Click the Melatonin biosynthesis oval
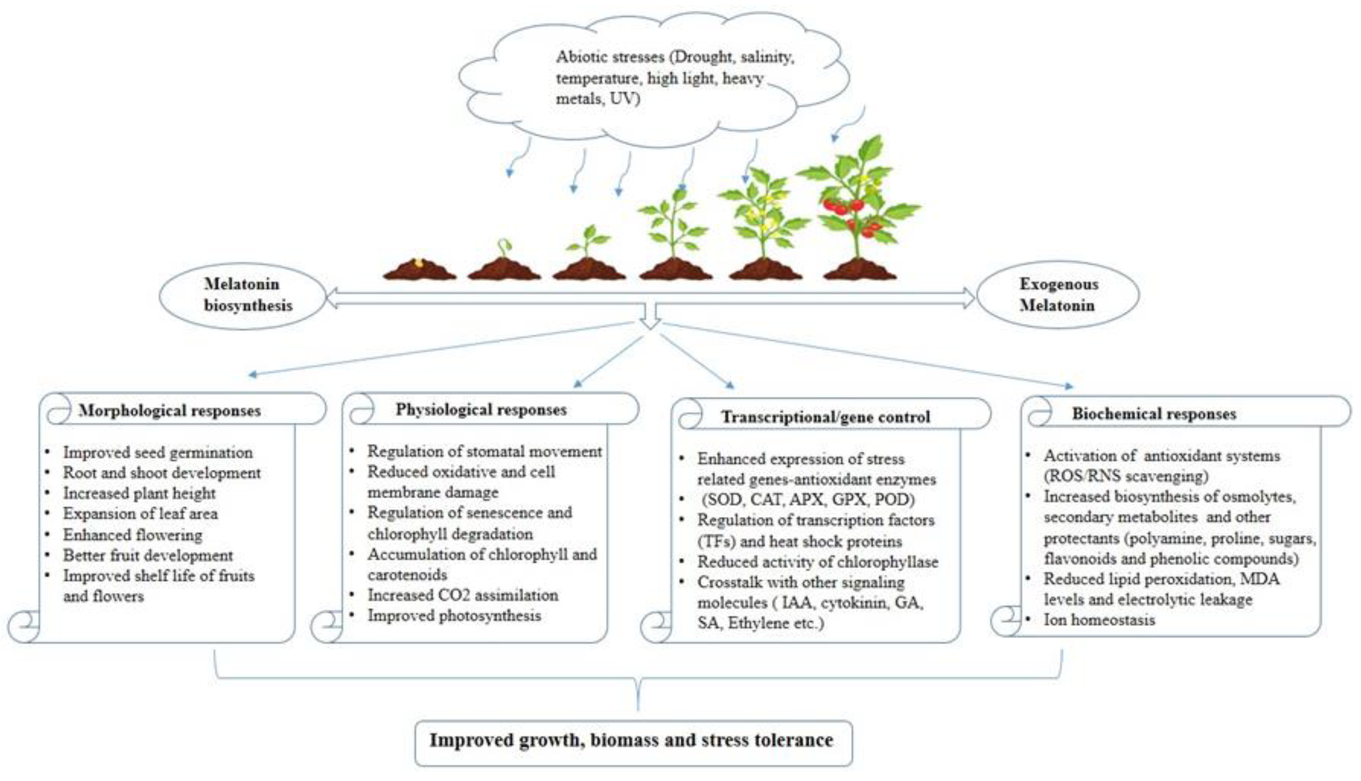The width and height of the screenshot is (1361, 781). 243,295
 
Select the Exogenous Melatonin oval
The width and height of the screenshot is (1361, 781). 1058,295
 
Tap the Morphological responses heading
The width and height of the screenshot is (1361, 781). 170,411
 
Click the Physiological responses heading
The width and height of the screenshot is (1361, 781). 481,410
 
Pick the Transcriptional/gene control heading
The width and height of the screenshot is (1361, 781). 825,417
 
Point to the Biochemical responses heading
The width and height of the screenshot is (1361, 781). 1154,413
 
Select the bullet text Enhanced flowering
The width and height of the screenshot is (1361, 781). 133,535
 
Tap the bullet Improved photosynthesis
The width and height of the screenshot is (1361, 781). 454,615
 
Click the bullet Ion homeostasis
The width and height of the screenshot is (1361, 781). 1099,619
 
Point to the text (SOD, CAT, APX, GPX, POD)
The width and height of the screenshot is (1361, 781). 808,499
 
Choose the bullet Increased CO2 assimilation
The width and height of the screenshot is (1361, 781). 463,595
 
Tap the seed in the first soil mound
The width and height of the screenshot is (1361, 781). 419,263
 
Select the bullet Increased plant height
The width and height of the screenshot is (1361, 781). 139,493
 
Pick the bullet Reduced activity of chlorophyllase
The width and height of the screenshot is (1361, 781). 817,562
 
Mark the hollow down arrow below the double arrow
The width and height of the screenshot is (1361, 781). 650,317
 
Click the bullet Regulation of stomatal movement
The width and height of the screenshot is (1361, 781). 484,452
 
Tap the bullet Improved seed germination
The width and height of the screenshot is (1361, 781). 158,452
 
